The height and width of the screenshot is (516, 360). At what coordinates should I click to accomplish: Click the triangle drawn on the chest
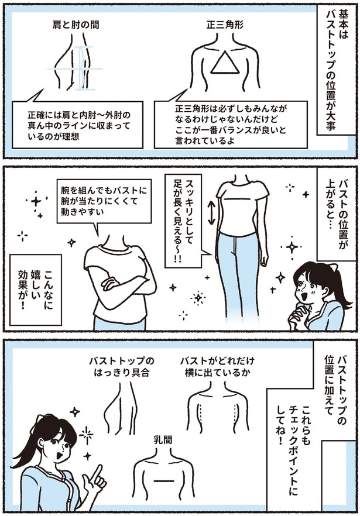[x=222, y=62]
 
